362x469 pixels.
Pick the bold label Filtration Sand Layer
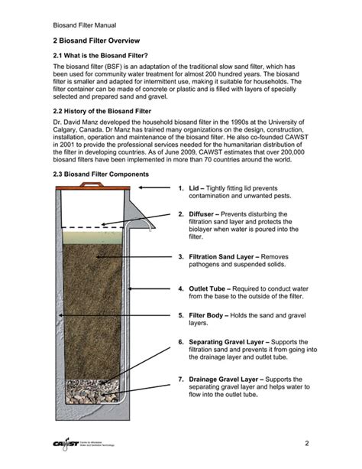click(232, 257)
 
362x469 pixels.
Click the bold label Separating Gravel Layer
click(239, 341)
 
